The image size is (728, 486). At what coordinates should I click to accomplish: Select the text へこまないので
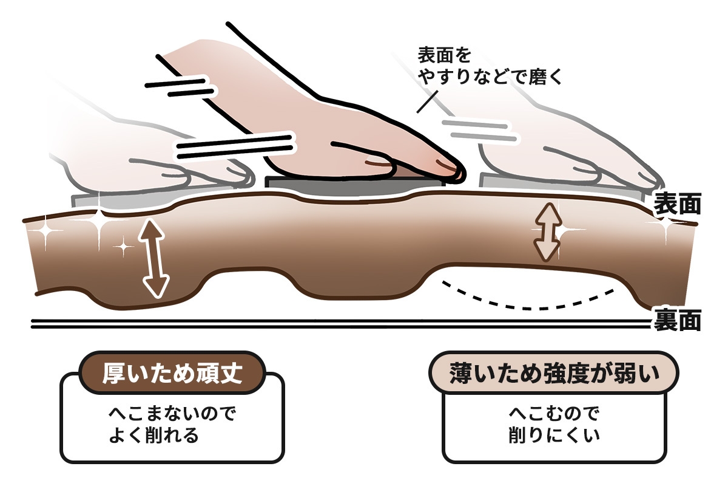tap(172, 414)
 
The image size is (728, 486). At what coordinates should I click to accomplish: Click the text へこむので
tap(554, 414)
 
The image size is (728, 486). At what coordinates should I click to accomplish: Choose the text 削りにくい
tap(554, 436)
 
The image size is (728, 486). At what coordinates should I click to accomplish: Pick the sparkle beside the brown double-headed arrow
tap(568, 231)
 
